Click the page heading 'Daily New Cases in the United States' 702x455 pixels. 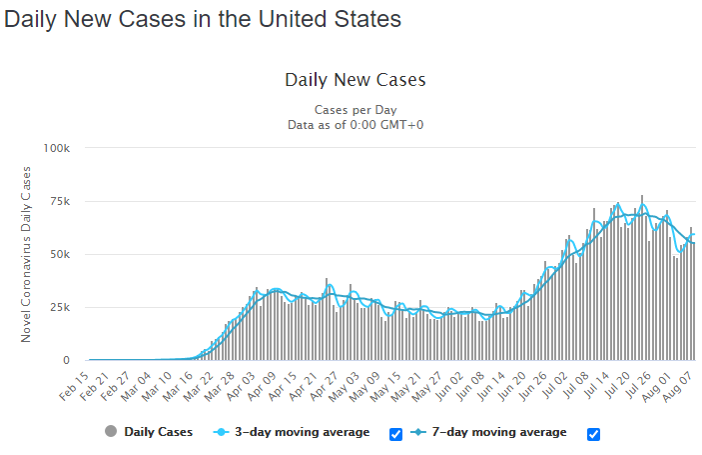[203, 19]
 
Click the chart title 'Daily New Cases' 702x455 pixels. [355, 80]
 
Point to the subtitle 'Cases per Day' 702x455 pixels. [355, 110]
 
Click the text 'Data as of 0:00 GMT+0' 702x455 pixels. [355, 125]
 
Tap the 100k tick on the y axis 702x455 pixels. [56, 148]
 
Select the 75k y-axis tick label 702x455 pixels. [60, 201]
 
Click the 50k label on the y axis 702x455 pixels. [60, 254]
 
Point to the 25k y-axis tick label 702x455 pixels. [60, 307]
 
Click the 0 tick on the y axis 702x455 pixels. [66, 360]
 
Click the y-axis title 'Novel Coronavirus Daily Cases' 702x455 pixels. [26, 254]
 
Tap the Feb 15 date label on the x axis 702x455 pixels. [74, 386]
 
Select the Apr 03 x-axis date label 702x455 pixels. [241, 386]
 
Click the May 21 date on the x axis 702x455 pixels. [406, 386]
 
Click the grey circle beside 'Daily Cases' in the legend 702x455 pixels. [111, 431]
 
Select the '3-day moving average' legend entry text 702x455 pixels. [303, 432]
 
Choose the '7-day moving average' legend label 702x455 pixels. [499, 432]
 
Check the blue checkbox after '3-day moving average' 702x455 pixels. [395, 434]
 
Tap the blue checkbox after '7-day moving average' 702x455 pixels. [594, 434]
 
